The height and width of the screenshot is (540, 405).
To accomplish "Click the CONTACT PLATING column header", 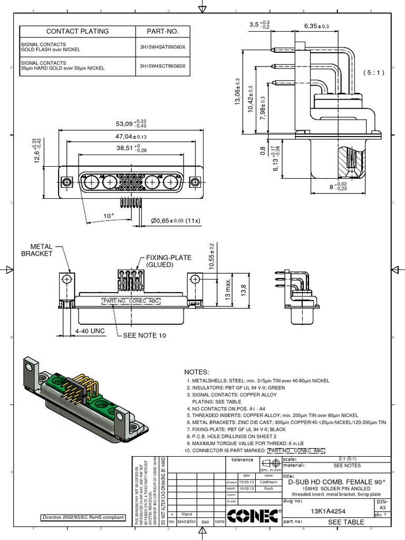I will tap(78, 31).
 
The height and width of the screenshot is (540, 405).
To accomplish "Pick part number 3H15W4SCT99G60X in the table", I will tap(162, 66).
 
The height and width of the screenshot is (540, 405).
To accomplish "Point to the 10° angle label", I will tap(109, 216).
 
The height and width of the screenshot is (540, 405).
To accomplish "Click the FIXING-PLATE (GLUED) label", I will tap(168, 261).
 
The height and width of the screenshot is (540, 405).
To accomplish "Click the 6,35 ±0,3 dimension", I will tap(316, 26).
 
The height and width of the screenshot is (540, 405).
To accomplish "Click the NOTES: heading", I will tap(197, 372).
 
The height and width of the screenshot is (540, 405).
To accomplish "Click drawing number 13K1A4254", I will tap(328, 510).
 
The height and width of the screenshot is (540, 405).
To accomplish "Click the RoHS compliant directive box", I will tap(84, 517).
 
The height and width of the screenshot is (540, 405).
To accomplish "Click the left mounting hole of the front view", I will tap(66, 182).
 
